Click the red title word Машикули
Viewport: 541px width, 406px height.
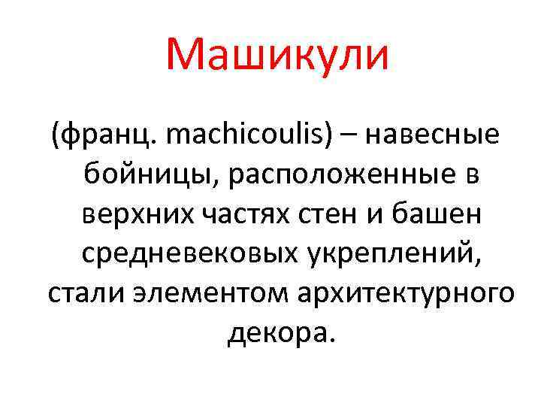[277, 56]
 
